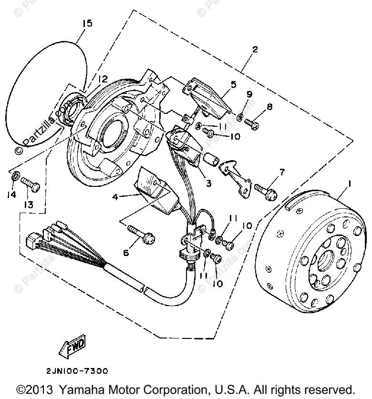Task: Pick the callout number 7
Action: (x=282, y=172)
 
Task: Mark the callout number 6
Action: (x=126, y=252)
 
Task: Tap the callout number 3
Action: (x=209, y=182)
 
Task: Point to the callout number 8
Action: (x=269, y=107)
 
